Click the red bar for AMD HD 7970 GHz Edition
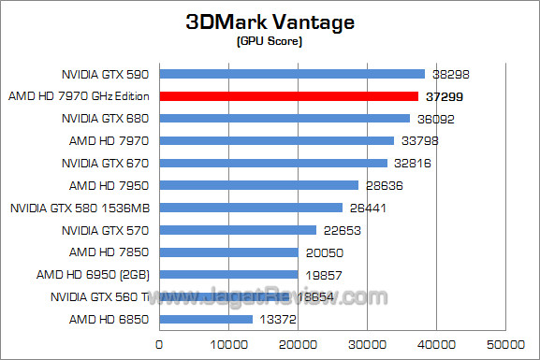(x=288, y=95)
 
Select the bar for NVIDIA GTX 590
(x=292, y=74)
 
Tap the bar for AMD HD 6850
(x=206, y=319)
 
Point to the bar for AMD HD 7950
(x=258, y=185)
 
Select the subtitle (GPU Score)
(x=270, y=42)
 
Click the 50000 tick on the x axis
(x=506, y=346)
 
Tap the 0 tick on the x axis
(x=159, y=346)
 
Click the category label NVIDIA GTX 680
(x=107, y=119)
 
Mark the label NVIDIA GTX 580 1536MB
(x=81, y=208)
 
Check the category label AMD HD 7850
(x=109, y=252)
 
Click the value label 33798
(x=420, y=141)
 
